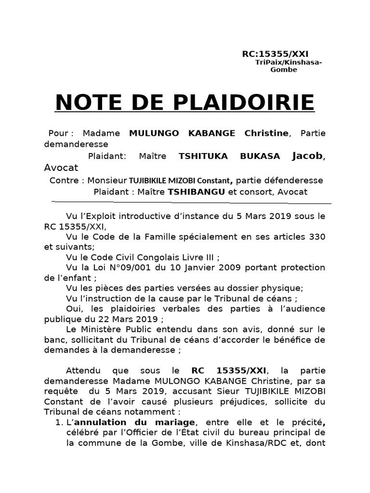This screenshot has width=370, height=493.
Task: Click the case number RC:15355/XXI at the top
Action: [x=275, y=53]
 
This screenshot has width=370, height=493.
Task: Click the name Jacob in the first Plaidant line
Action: [x=308, y=156]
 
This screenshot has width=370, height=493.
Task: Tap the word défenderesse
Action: [x=295, y=181]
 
